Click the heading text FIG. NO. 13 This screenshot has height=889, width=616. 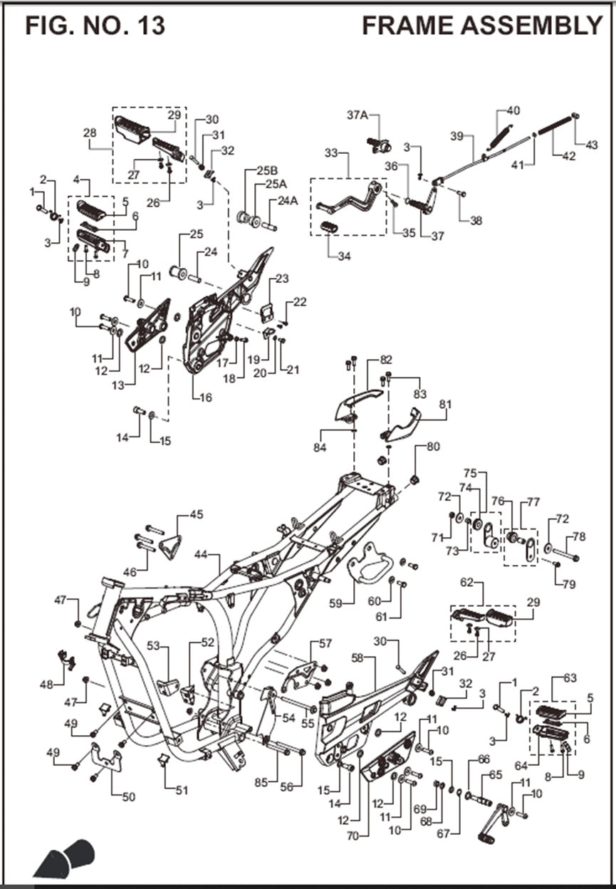(95, 26)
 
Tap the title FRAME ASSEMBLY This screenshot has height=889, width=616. (482, 26)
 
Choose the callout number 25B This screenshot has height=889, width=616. (267, 172)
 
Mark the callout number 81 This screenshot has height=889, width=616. (445, 405)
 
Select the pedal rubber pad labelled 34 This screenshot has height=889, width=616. (329, 228)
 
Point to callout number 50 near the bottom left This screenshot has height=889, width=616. (128, 797)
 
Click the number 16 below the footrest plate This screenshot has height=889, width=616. (206, 397)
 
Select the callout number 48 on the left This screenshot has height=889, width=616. (47, 685)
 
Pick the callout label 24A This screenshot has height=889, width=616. (288, 201)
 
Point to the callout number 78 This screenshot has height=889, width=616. (578, 536)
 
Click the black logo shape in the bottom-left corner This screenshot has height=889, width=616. (63, 859)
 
